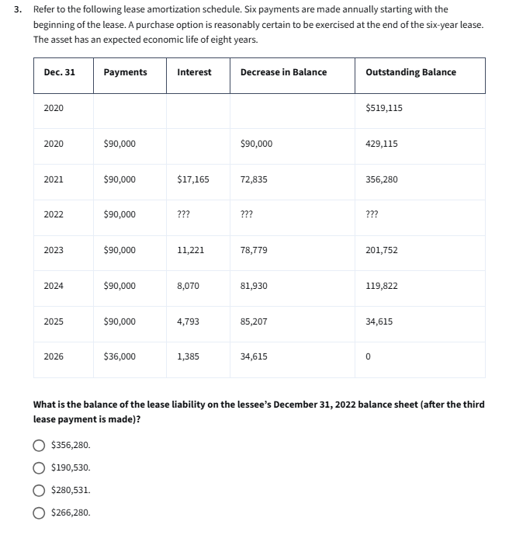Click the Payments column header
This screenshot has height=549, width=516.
pos(125,72)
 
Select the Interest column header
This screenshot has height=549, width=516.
pos(194,72)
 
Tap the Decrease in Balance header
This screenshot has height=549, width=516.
pos(283,72)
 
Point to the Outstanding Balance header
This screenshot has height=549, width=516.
pos(410,72)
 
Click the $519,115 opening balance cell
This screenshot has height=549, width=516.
pos(383,108)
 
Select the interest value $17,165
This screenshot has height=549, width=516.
pos(193,179)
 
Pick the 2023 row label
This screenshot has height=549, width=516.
pos(54,250)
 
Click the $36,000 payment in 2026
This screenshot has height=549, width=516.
pos(119,356)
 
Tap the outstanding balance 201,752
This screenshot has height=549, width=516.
pos(381,250)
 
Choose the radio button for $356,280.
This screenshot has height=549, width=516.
pos(38,446)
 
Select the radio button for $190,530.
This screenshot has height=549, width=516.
pos(38,467)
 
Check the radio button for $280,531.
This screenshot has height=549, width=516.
pos(38,490)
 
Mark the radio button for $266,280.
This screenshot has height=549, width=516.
pos(38,513)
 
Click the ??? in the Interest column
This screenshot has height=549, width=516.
pos(185,215)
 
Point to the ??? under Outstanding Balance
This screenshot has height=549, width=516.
pos(372,215)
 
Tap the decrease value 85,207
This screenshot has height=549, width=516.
pos(254,321)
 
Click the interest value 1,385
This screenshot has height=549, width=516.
pos(188,356)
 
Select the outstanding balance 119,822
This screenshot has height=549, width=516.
pos(381,286)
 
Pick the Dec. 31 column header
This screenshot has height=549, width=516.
pos(60,72)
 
